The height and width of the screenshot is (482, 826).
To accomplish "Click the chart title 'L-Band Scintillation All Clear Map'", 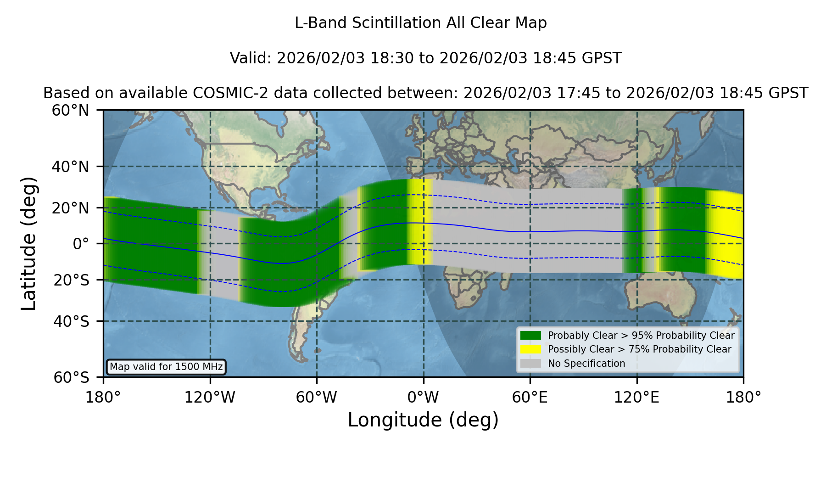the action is [x=420, y=23].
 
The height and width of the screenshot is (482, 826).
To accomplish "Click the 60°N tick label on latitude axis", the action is [x=71, y=110].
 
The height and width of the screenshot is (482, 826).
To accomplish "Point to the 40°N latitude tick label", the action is [x=71, y=167].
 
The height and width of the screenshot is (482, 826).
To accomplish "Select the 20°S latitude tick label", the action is [x=72, y=280].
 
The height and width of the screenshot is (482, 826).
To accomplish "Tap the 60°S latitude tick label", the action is [x=72, y=377].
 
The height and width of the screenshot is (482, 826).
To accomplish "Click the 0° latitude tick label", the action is [x=81, y=244].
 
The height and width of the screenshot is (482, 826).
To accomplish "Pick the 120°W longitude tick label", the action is [x=210, y=397].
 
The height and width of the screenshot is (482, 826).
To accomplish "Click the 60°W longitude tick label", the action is [x=317, y=397].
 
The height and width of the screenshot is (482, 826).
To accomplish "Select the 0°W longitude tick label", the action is [x=423, y=397].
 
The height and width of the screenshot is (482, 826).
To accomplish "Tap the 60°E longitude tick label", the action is [x=530, y=397].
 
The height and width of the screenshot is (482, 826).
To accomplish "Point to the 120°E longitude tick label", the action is [x=636, y=397].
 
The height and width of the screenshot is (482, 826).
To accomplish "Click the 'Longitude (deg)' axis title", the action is [x=423, y=420].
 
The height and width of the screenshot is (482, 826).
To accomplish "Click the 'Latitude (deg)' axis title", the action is [x=28, y=243].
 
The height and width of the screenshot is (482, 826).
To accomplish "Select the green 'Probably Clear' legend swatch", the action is [x=531, y=336].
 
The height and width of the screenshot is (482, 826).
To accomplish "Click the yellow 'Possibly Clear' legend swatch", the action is [x=531, y=349].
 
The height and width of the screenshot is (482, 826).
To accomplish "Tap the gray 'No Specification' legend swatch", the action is [x=531, y=364].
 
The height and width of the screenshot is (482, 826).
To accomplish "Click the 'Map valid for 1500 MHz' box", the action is [x=166, y=367].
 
